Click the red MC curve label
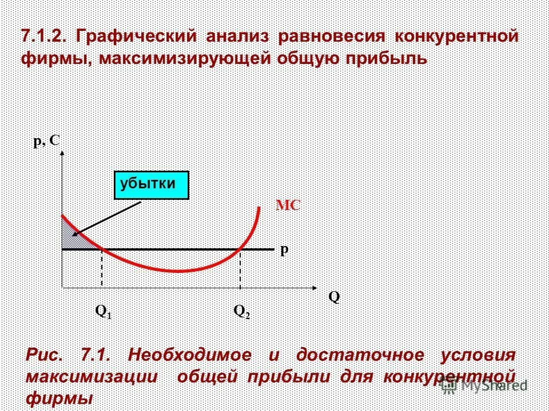tap(288, 206)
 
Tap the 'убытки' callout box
tap(152, 184)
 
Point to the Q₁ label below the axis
tap(104, 311)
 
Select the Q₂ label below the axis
tap(242, 311)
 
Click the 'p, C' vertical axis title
tap(47, 141)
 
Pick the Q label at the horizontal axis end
tap(334, 297)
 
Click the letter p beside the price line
tap(284, 250)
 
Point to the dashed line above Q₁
tap(102, 268)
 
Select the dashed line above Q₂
tap(240, 268)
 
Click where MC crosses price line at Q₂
tap(240, 249)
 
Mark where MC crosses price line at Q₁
tap(102, 249)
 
